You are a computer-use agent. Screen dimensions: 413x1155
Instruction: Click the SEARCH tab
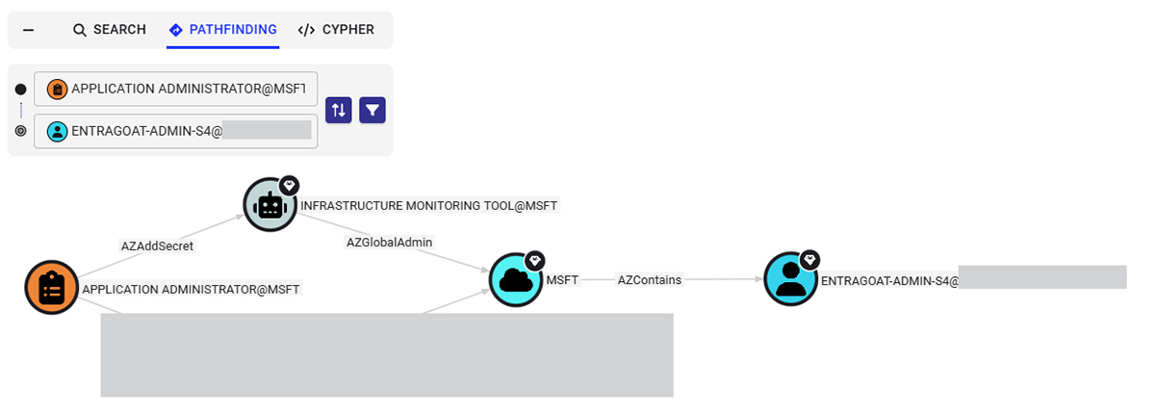click(109, 30)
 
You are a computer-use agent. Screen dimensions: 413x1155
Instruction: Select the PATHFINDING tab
click(222, 30)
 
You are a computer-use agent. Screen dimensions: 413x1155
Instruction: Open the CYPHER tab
click(336, 30)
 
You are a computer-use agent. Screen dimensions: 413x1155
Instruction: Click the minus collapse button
click(28, 30)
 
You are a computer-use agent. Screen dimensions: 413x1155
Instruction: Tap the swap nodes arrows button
click(339, 110)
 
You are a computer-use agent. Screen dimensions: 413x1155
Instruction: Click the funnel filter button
click(372, 110)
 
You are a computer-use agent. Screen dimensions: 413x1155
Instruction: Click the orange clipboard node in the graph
click(51, 288)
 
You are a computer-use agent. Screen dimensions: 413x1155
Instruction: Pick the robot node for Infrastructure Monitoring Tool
click(269, 205)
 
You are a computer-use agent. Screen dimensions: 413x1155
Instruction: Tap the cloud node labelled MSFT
click(516, 280)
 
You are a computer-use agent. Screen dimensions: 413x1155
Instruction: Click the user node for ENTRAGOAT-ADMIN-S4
click(790, 280)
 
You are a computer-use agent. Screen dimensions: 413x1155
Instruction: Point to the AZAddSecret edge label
click(157, 246)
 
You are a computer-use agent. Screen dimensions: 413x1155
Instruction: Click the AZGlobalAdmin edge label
click(390, 243)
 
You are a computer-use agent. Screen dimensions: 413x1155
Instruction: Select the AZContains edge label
click(650, 280)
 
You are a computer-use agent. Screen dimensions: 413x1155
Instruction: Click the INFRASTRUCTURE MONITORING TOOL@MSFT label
click(429, 205)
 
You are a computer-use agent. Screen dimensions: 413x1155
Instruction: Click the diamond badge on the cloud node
click(535, 260)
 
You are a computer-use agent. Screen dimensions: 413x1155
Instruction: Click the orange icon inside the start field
click(58, 89)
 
